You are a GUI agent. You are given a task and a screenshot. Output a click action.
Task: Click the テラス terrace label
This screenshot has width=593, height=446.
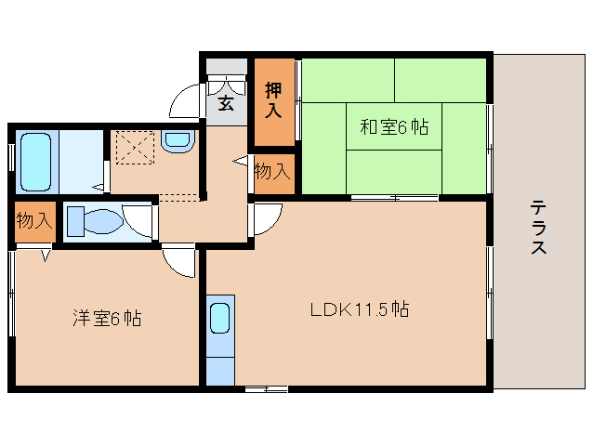point(538,227)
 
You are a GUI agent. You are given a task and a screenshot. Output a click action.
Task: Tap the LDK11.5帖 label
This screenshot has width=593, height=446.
point(360,308)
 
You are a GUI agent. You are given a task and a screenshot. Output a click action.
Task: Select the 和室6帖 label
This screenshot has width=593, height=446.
point(394,127)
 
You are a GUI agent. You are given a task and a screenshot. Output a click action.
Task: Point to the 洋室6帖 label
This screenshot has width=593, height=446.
point(107,319)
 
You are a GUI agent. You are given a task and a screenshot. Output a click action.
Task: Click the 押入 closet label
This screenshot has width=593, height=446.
point(272,100)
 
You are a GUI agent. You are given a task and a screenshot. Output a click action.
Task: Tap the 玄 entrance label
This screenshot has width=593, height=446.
point(226,103)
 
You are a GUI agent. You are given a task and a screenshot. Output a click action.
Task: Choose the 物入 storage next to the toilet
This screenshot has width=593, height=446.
point(33,221)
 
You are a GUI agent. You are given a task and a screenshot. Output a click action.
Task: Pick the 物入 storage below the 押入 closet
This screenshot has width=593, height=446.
point(272,172)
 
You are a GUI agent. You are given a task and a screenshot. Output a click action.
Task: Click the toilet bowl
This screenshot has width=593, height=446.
point(97,222)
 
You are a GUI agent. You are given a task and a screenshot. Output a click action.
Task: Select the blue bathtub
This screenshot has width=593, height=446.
point(36,160)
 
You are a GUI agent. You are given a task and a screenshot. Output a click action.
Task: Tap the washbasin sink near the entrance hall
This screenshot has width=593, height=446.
point(175,141)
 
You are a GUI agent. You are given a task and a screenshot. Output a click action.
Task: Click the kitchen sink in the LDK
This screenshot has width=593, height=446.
point(219,319)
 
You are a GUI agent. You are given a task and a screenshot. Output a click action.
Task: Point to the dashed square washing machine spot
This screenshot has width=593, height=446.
point(132,146)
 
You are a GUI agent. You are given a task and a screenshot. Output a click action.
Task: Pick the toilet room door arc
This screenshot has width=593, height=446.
point(139,218)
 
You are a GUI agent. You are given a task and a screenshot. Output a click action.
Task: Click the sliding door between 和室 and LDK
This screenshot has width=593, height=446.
point(394,198)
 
